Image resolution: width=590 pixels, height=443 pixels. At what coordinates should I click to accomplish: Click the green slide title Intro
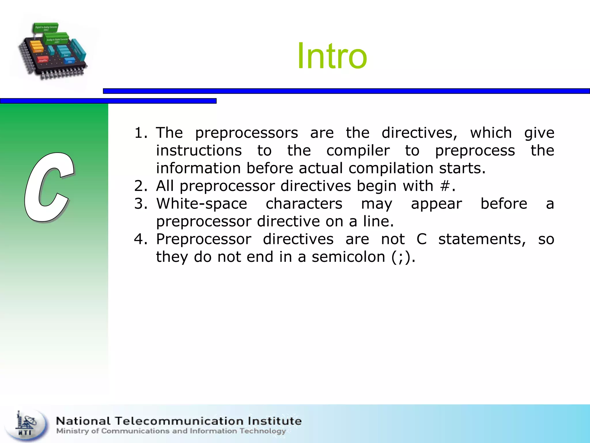coord(332,56)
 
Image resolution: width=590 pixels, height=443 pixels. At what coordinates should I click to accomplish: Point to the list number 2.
coord(141,186)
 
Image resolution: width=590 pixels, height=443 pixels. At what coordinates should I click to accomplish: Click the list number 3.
coord(141,204)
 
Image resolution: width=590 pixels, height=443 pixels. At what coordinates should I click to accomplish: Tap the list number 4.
coord(141,239)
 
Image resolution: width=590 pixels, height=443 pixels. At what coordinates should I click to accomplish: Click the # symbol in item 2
coord(445,186)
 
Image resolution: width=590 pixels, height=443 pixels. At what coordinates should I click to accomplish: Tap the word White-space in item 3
coord(202,204)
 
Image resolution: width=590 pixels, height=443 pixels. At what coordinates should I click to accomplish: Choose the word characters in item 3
coord(304,204)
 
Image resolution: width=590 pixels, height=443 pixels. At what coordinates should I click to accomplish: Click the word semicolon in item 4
coord(348,257)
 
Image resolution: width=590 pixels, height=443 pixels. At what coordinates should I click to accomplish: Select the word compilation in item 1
coord(391,168)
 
